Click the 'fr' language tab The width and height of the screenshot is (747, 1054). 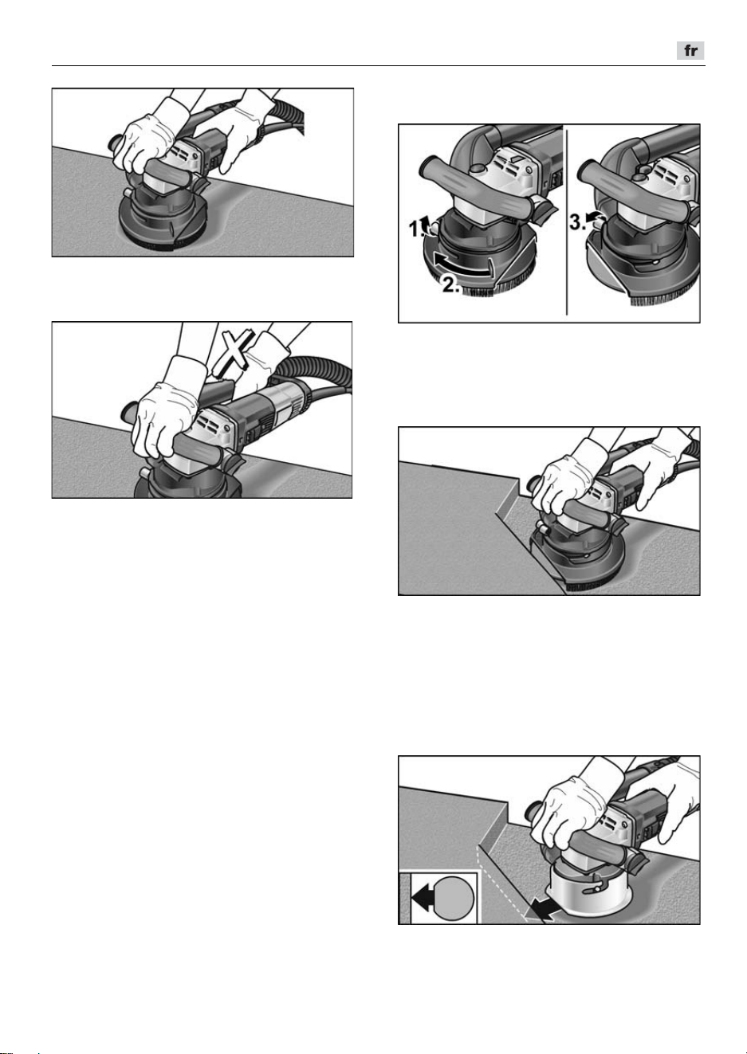coord(690,50)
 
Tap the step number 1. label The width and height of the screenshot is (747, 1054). coord(417,229)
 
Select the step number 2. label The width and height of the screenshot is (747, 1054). coord(450,284)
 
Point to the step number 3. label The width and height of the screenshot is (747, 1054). coord(576,221)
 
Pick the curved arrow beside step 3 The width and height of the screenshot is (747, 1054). coord(596,217)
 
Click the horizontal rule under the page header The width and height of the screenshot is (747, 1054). coord(378,66)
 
